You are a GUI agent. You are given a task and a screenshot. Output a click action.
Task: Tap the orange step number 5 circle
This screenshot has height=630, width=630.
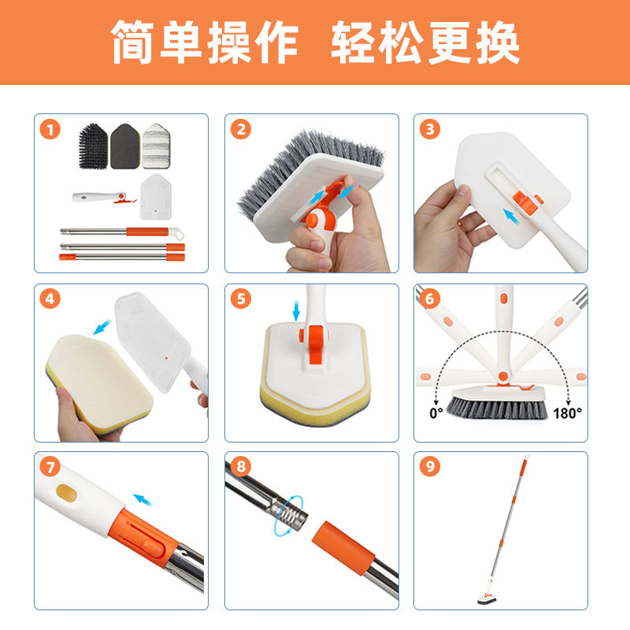click(x=242, y=300)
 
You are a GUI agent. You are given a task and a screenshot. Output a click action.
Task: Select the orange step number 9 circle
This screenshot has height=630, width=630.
click(x=430, y=467)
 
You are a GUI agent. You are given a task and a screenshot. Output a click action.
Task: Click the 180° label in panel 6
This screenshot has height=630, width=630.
click(x=568, y=411)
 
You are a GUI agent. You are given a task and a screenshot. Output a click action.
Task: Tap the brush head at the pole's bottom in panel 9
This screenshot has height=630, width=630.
click(x=482, y=601)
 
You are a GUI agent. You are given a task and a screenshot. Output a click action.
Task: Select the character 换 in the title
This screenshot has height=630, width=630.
click(x=494, y=42)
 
